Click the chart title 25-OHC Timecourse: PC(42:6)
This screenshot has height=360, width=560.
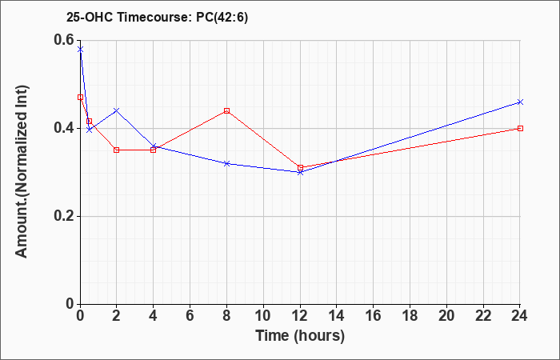click(x=157, y=18)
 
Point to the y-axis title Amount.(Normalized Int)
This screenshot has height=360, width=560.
click(x=22, y=171)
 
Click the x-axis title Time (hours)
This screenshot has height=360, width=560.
click(x=300, y=336)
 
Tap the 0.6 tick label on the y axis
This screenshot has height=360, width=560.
click(x=64, y=40)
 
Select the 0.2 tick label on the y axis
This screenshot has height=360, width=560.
click(x=64, y=216)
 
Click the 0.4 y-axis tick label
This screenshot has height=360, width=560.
click(x=64, y=128)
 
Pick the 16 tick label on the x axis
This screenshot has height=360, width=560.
click(x=374, y=316)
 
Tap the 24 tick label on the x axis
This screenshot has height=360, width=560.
click(x=520, y=316)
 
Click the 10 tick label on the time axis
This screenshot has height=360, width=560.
click(x=263, y=316)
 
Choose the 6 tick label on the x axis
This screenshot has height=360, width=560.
click(x=190, y=316)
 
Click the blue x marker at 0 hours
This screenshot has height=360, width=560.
click(x=80, y=50)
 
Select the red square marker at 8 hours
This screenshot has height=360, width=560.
click(x=226, y=110)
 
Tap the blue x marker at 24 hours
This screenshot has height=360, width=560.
click(x=520, y=102)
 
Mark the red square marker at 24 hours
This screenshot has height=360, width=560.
click(x=520, y=128)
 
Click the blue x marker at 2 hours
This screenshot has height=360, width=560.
click(x=117, y=110)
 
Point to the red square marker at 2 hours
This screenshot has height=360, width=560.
click(x=117, y=150)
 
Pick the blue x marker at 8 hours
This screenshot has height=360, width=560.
click(x=226, y=163)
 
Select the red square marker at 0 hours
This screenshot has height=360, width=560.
click(x=80, y=97)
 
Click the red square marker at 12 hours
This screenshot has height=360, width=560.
click(x=300, y=167)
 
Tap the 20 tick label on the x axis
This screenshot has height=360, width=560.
click(x=446, y=316)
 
